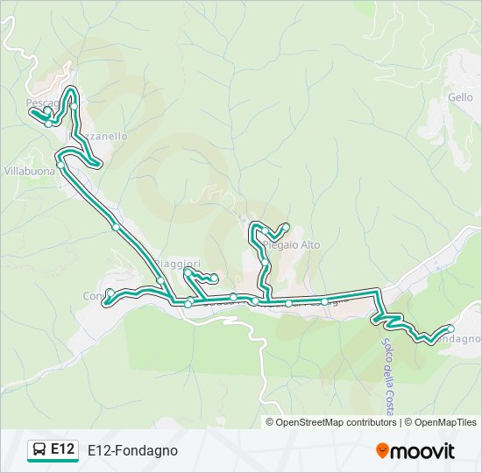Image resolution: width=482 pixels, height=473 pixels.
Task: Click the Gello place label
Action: pyautogui.click(x=460, y=97)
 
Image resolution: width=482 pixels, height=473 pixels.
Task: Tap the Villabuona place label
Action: pyautogui.click(x=29, y=172)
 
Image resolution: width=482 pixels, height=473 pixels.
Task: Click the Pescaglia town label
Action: pyautogui.click(x=42, y=102)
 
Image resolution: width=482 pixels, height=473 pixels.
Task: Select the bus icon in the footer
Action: pyautogui.click(x=40, y=450)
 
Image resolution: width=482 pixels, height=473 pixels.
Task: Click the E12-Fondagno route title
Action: pyautogui.click(x=132, y=450)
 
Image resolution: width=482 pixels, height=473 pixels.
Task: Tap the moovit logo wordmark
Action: pyautogui.click(x=423, y=451)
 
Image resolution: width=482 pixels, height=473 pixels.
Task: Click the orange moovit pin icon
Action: pyautogui.click(x=383, y=451)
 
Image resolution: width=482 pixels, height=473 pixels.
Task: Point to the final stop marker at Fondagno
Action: pyautogui.click(x=450, y=329)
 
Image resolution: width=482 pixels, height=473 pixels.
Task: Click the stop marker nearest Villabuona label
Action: pyautogui.click(x=60, y=165)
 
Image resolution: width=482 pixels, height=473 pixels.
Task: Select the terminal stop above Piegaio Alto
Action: pyautogui.click(x=286, y=227)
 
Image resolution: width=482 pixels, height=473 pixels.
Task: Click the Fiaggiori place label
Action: pyautogui.click(x=180, y=264)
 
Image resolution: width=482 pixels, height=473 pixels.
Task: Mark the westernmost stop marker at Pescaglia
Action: pyautogui.click(x=32, y=111)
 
